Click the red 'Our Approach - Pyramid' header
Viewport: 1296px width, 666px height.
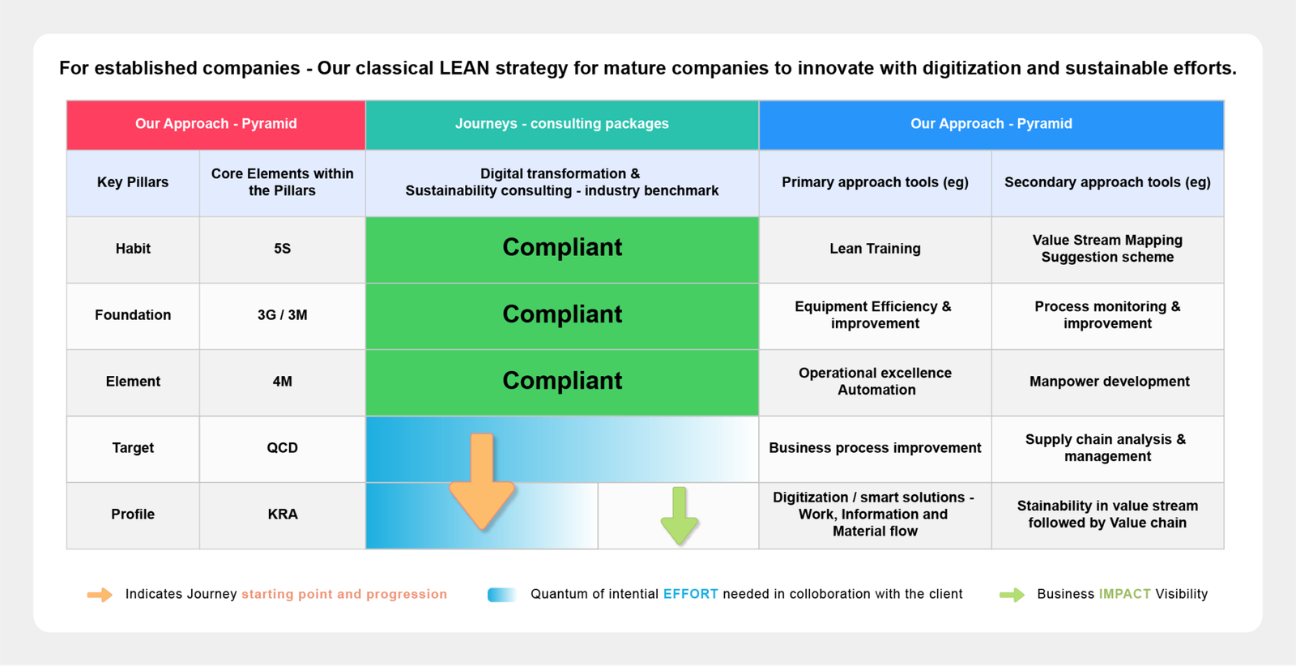[x=215, y=125]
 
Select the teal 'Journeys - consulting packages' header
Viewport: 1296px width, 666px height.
[x=562, y=125]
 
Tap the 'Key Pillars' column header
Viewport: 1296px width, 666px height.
[x=133, y=182]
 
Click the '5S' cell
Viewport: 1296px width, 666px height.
[x=283, y=249]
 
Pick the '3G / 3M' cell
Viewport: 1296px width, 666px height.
[x=283, y=315]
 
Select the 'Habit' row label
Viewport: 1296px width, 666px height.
[x=133, y=249]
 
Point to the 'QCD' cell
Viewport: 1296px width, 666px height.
[x=283, y=448]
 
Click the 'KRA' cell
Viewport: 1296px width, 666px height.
[x=283, y=515]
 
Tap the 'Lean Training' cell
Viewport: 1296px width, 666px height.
[x=875, y=249]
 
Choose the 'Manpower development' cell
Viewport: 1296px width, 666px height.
[x=1108, y=382]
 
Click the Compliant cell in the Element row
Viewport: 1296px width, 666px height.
[x=562, y=382]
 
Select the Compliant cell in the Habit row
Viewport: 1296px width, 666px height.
[x=562, y=249]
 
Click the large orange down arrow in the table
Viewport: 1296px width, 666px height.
[x=481, y=481]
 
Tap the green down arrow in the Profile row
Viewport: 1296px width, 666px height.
[x=680, y=515]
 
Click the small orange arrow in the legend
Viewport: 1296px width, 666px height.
[x=100, y=594]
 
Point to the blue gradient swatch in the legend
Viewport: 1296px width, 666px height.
[x=501, y=594]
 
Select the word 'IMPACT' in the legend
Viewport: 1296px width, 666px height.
[x=1124, y=594]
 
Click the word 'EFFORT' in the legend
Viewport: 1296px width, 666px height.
[x=690, y=594]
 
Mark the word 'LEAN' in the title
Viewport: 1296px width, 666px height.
[x=465, y=68]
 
